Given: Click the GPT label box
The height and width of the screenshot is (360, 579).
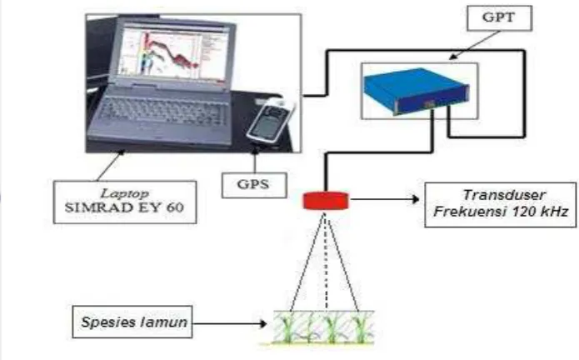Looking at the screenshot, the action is (x=499, y=18).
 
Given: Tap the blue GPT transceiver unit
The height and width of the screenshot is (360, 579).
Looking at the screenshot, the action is (x=417, y=91).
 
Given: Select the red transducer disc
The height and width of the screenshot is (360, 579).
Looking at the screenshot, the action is (x=326, y=201).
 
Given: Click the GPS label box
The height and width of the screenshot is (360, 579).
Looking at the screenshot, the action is (x=254, y=185).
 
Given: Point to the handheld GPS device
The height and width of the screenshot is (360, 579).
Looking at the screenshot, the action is (x=271, y=121).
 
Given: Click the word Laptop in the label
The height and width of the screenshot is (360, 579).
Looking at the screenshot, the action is (x=125, y=193).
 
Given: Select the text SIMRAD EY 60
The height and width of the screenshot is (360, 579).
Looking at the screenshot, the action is (x=124, y=207).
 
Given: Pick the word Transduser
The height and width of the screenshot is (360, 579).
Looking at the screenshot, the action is (x=504, y=195).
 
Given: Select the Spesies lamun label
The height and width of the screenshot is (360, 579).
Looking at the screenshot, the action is (x=132, y=322).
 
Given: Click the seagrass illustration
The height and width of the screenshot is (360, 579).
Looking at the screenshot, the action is (x=323, y=327).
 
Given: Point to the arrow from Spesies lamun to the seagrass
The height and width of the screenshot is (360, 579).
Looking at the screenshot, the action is (x=229, y=324).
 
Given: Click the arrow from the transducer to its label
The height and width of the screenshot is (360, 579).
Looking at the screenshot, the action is (x=384, y=199).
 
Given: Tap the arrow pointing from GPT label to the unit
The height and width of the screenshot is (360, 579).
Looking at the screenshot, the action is (x=475, y=45).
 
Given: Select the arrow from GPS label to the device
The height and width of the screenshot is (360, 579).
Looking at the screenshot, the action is (x=254, y=160).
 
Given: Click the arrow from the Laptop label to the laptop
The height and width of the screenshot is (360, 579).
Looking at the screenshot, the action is (x=111, y=165).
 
